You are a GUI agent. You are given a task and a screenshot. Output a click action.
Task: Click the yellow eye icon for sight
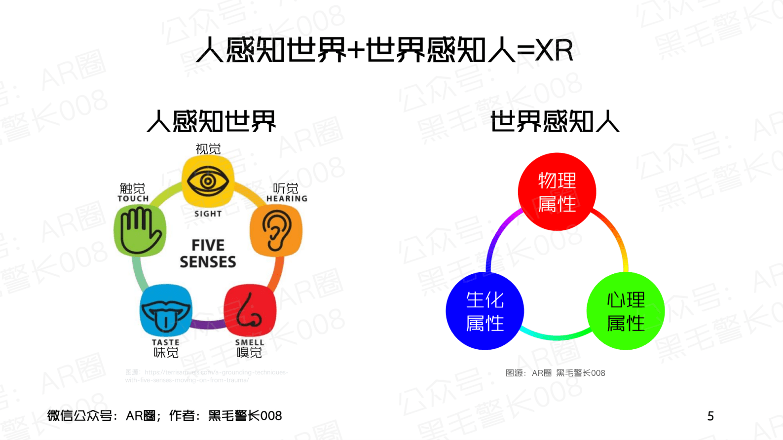click(208, 181)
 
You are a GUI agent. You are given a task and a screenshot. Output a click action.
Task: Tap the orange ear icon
click(276, 230)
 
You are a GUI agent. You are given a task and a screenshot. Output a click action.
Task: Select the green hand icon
click(140, 230)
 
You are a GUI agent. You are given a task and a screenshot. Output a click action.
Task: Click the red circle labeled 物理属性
click(557, 192)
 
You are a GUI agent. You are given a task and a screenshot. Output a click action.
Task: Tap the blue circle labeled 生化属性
click(485, 311)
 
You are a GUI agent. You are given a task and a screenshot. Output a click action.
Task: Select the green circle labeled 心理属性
click(626, 311)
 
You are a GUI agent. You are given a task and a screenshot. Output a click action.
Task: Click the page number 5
click(710, 416)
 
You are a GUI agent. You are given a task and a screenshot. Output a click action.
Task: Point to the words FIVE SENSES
click(208, 254)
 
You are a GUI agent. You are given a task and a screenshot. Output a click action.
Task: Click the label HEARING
click(287, 199)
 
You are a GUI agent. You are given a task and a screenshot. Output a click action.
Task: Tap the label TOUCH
click(133, 199)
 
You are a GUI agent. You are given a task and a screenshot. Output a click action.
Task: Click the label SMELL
click(250, 342)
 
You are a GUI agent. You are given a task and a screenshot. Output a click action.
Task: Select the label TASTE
click(166, 342)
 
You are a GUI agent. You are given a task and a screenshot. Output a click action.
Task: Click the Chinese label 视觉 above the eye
click(208, 149)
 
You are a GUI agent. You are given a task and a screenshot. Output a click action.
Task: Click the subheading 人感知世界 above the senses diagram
click(211, 121)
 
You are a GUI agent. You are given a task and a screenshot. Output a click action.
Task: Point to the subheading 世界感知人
click(555, 121)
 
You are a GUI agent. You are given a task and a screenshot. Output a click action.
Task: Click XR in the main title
click(554, 50)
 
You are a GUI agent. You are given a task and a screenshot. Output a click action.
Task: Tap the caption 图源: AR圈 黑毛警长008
click(555, 373)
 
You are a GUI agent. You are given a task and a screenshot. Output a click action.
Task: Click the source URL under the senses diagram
click(207, 376)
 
